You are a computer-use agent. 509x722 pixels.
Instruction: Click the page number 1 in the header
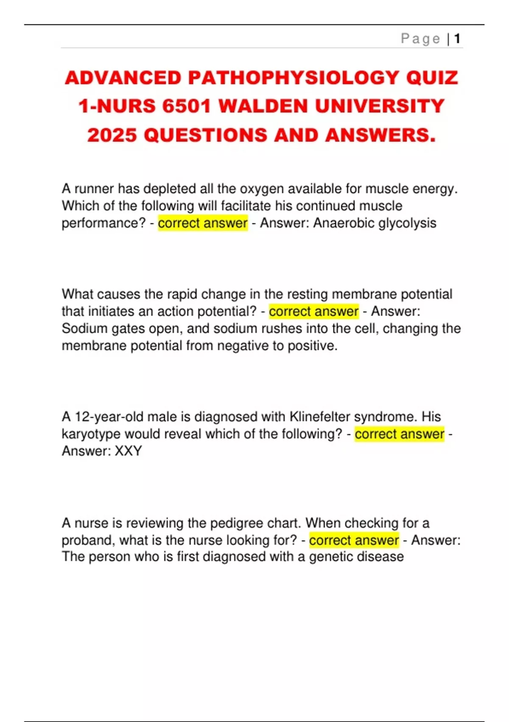click(457, 39)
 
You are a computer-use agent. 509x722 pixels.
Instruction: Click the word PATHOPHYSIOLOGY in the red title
click(293, 78)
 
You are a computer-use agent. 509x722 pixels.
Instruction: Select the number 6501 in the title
click(187, 106)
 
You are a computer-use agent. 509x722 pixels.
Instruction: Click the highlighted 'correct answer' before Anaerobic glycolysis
click(203, 223)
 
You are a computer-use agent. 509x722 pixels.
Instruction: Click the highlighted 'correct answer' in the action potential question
click(314, 311)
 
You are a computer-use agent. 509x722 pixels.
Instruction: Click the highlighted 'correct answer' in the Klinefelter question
click(400, 434)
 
